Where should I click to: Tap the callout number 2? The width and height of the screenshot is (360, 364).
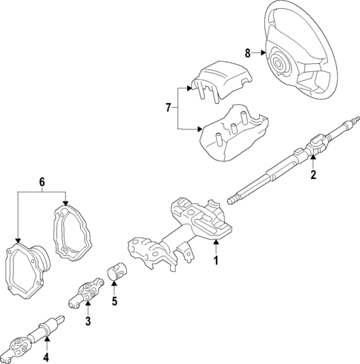[313, 175]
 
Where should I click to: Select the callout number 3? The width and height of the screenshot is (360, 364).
[88, 321]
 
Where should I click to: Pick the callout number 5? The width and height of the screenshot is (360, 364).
[114, 302]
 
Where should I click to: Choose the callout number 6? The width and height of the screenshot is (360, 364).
[42, 181]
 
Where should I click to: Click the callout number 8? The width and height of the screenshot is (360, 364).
[247, 52]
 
